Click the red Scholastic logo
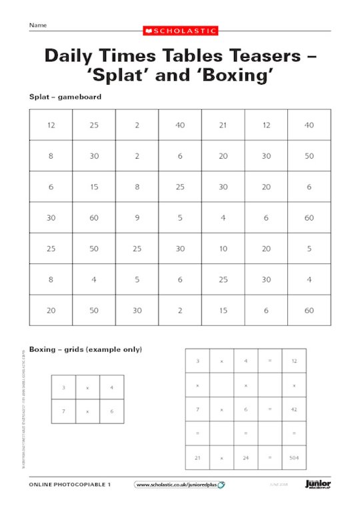[180, 30]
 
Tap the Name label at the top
[37, 25]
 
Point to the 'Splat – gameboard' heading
[65, 97]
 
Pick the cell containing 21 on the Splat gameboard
[223, 125]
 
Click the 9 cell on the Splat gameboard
[137, 217]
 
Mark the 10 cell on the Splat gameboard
[223, 248]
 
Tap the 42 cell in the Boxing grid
[294, 409]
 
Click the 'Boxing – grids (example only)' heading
[85, 349]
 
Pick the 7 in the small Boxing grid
[63, 411]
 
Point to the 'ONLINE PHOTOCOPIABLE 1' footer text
[70, 485]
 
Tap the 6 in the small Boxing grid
[111, 411]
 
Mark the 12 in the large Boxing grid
[294, 361]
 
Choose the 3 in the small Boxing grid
[63, 387]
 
